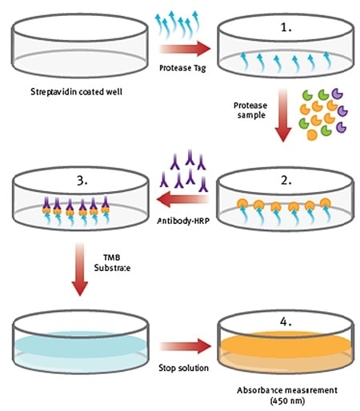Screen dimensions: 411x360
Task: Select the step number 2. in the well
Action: click(286, 181)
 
